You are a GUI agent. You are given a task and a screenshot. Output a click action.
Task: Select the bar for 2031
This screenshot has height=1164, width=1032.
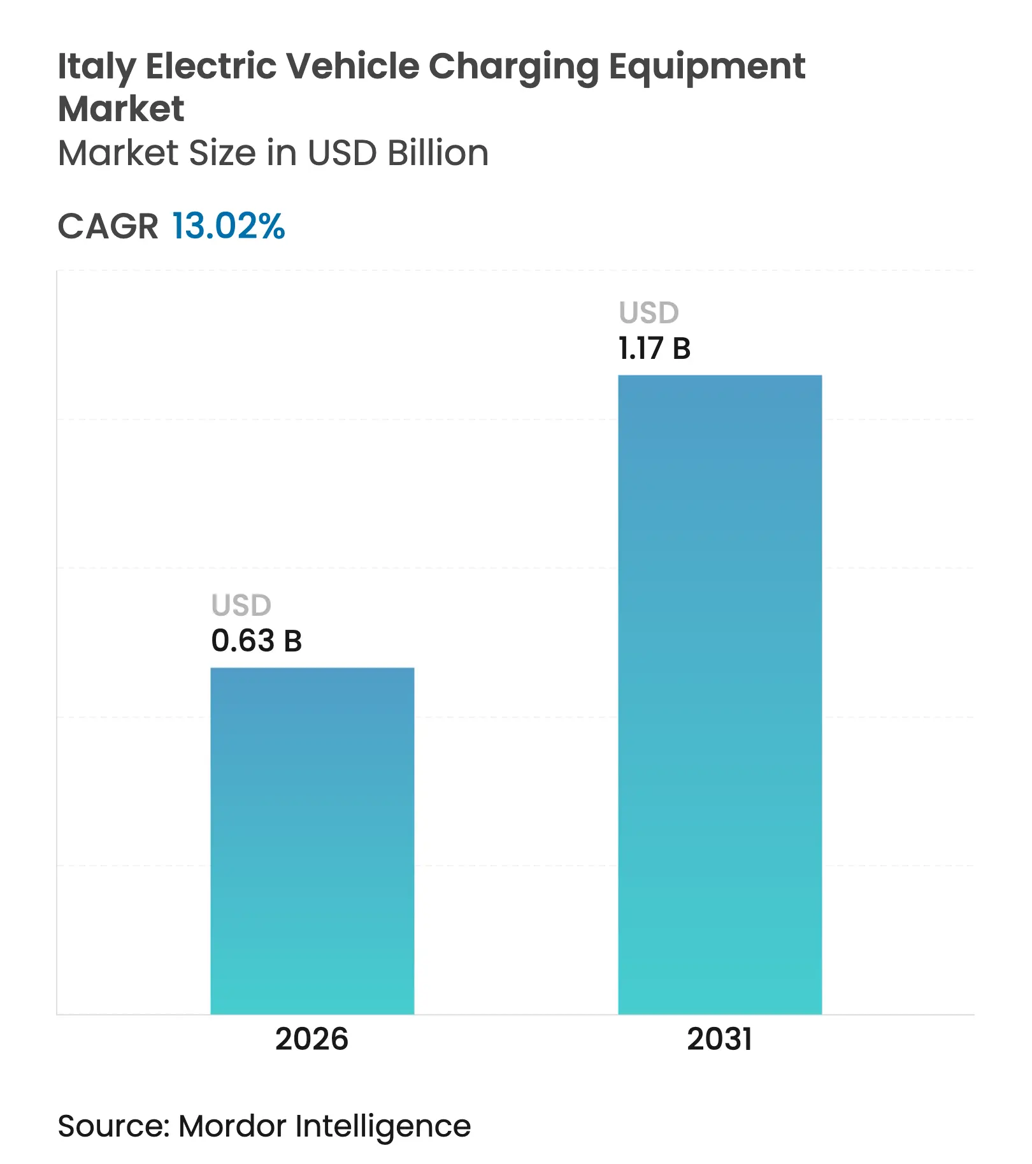click(x=720, y=694)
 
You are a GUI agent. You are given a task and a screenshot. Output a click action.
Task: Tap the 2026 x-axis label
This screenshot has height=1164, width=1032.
click(x=312, y=1039)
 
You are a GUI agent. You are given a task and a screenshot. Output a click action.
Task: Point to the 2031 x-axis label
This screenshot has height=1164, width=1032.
click(x=719, y=1039)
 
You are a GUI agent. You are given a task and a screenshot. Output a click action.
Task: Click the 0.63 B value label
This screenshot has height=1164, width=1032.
click(x=256, y=641)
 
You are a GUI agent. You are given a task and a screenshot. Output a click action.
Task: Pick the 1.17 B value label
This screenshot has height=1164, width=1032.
click(x=654, y=349)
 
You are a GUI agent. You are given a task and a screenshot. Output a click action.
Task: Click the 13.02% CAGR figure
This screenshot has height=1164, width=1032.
click(x=229, y=226)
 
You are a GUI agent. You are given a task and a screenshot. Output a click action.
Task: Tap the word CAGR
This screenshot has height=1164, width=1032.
click(x=108, y=226)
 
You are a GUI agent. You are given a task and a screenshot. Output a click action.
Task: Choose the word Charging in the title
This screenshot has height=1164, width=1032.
click(x=513, y=67)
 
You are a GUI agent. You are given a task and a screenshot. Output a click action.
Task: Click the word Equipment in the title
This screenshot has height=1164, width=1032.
click(x=707, y=67)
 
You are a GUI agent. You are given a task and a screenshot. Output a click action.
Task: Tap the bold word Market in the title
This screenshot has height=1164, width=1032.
click(x=121, y=108)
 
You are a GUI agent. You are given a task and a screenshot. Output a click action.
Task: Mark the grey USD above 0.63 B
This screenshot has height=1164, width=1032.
click(x=241, y=605)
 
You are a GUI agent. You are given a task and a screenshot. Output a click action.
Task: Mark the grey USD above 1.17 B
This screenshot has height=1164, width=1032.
click(x=649, y=313)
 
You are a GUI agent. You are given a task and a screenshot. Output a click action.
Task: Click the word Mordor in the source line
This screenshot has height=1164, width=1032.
click(x=233, y=1126)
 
